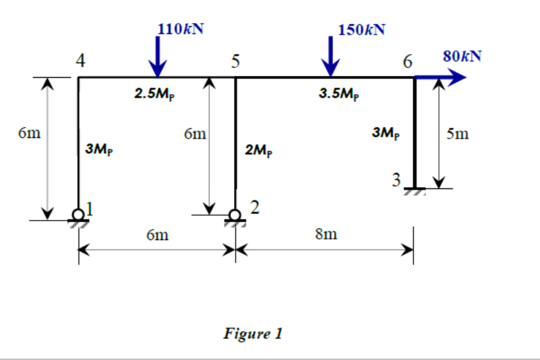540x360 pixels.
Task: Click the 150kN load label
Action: click(361, 30)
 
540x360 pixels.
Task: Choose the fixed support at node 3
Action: click(415, 190)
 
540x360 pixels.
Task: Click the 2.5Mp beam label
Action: click(154, 94)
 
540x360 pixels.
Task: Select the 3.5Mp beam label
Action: click(339, 94)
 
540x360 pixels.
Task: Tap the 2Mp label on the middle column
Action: click(258, 150)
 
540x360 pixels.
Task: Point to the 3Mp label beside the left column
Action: click(98, 150)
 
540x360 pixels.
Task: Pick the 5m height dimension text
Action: click(457, 134)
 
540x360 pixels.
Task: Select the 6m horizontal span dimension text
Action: click(157, 234)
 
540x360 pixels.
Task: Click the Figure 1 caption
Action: click(253, 333)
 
